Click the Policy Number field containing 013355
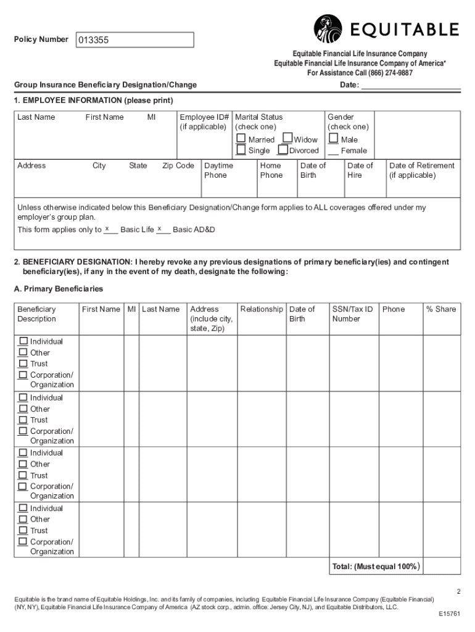pos(134,40)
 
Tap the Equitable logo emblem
pos(328,28)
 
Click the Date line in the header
pos(410,85)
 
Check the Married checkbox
pos(241,139)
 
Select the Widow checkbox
pos(287,139)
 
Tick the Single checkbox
pos(241,150)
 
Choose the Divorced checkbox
pos(283,150)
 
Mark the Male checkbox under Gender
pos(334,139)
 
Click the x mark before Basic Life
pos(107,229)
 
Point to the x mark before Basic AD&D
pos(160,229)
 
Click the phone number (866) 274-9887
pos(387,73)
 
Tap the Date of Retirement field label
pos(421,170)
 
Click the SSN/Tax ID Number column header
pos(352,314)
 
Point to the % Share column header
pos(440,309)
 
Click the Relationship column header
pos(262,309)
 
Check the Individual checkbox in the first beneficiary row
pos(23,341)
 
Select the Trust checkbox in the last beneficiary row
pos(23,530)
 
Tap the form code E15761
pos(450,615)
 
